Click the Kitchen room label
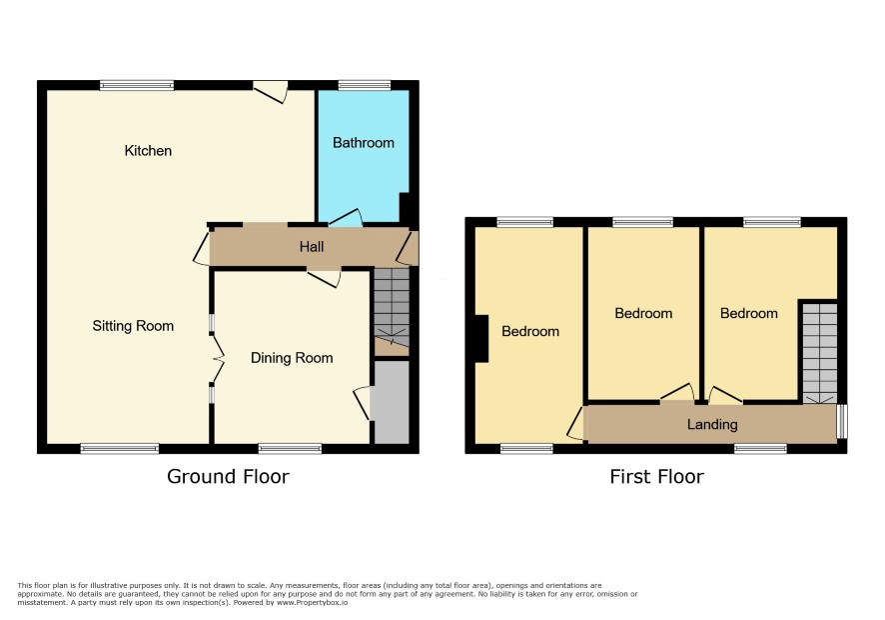pos(148,150)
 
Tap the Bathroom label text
pos(364,142)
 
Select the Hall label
pos(312,246)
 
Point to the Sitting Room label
pos(133,326)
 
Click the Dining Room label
pos(292,358)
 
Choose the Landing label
pos(712,424)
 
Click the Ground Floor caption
pos(228,476)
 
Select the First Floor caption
pos(657,476)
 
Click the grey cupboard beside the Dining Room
pos(392,402)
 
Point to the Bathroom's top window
pos(364,85)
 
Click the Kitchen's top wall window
pos(137,85)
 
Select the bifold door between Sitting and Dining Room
pos(218,358)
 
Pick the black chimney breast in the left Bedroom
pos(481,339)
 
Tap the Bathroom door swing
pos(346,219)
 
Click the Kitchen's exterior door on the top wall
pos(271,92)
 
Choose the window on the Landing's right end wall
pos(841,421)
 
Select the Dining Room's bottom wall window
pos(290,449)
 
